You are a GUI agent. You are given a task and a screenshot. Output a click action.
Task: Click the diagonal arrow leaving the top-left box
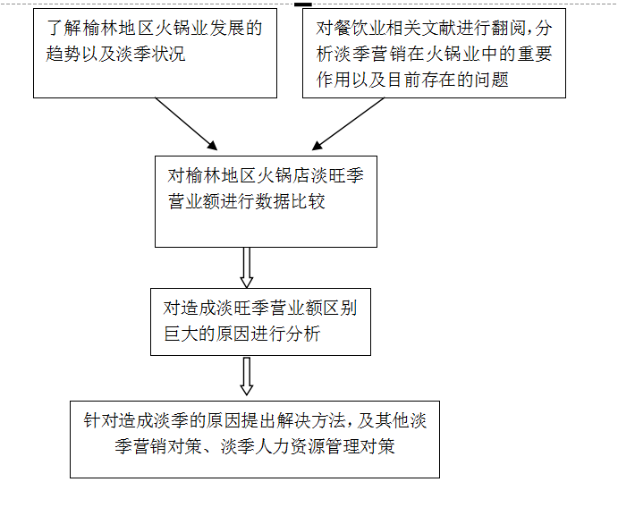click(186, 123)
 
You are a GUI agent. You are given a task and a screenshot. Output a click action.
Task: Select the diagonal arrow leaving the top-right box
click(348, 123)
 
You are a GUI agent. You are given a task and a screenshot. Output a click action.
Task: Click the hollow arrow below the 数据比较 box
click(247, 267)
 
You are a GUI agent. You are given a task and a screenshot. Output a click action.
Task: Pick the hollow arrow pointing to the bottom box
click(247, 376)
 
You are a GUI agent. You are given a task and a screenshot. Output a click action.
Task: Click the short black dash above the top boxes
click(302, 4)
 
